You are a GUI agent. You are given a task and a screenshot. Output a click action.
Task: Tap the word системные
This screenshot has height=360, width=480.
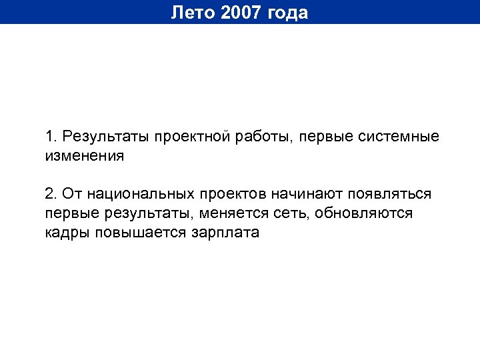pyautogui.click(x=397, y=137)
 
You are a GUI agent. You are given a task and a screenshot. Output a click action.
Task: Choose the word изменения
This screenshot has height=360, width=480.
pyautogui.click(x=85, y=156)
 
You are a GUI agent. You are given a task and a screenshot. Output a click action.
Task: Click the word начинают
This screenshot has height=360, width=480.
pyautogui.click(x=304, y=194)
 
